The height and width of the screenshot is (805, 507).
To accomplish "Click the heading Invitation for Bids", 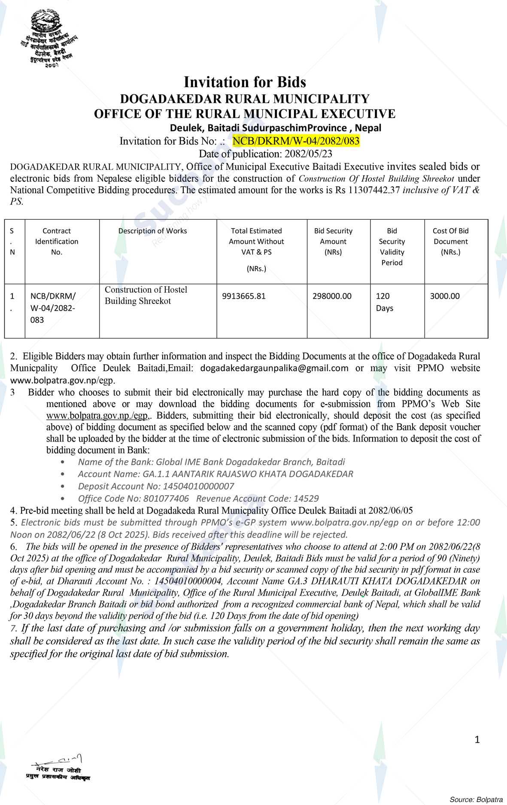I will [245, 82].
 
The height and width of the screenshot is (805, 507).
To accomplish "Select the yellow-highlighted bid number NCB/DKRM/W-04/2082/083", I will [296, 141].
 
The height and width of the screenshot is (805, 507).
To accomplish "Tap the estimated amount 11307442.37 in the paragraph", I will [373, 190].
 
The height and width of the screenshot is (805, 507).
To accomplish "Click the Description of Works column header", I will [152, 231].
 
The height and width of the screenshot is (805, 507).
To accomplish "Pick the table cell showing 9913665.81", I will [244, 296].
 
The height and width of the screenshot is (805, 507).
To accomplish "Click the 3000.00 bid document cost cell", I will [445, 296].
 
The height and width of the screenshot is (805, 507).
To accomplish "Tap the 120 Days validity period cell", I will [385, 302].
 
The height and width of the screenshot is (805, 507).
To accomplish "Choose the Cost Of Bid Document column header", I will [450, 241].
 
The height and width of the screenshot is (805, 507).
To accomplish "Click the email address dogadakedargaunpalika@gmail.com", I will [274, 368].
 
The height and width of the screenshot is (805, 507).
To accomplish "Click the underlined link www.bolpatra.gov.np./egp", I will [98, 415].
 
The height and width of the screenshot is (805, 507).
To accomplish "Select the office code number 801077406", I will [166, 498].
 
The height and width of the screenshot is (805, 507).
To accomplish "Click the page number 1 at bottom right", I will [477, 739].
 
